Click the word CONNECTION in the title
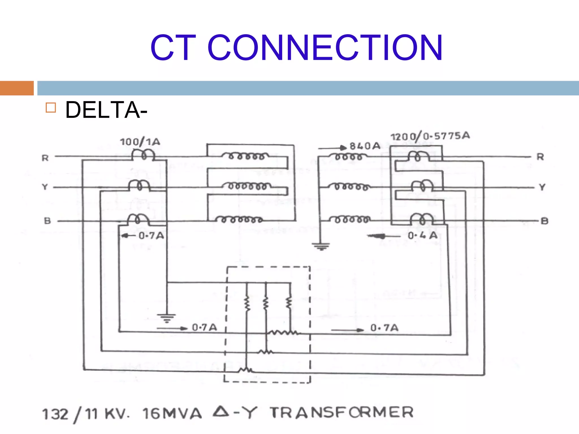[x=325, y=47]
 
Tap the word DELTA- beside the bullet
[x=106, y=110]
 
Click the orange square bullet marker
[x=51, y=108]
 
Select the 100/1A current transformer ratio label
[x=140, y=142]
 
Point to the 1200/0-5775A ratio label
[x=430, y=136]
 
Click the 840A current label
[x=365, y=146]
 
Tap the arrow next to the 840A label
[x=332, y=148]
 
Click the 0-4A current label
[x=423, y=235]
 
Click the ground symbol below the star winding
[x=321, y=247]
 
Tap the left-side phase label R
[x=45, y=158]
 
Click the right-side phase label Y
[x=542, y=187]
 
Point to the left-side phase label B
[x=47, y=221]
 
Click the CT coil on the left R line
[x=143, y=155]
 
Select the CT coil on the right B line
[x=422, y=219]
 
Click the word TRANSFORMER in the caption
[x=342, y=412]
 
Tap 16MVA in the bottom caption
[x=172, y=414]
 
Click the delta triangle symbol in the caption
[x=221, y=411]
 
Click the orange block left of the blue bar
[x=17, y=88]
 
